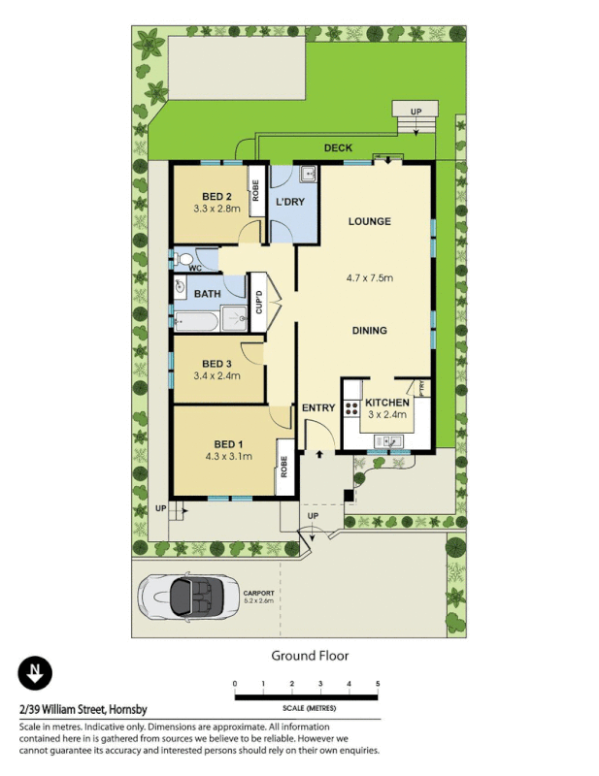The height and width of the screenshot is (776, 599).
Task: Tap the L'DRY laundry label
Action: pyautogui.click(x=290, y=202)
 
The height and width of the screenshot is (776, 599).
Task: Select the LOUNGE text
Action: pyautogui.click(x=369, y=221)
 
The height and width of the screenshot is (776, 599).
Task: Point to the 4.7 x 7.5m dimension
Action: pyautogui.click(x=369, y=278)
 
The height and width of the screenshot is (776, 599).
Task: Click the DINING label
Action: pyautogui.click(x=369, y=330)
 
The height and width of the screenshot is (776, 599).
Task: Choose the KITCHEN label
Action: pyautogui.click(x=387, y=401)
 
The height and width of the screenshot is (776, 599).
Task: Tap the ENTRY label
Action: pyautogui.click(x=317, y=407)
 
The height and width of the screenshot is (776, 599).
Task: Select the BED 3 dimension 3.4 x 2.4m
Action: pyautogui.click(x=216, y=375)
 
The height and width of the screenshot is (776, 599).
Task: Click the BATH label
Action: pyautogui.click(x=207, y=294)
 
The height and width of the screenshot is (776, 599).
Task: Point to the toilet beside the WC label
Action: pyautogui.click(x=183, y=259)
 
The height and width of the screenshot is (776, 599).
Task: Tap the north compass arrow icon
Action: pyautogui.click(x=35, y=672)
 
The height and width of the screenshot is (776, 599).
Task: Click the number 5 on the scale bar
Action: pyautogui.click(x=378, y=685)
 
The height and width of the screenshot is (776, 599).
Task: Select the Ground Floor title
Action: pyautogui.click(x=309, y=656)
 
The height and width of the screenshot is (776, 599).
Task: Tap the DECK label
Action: pyautogui.click(x=338, y=148)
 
